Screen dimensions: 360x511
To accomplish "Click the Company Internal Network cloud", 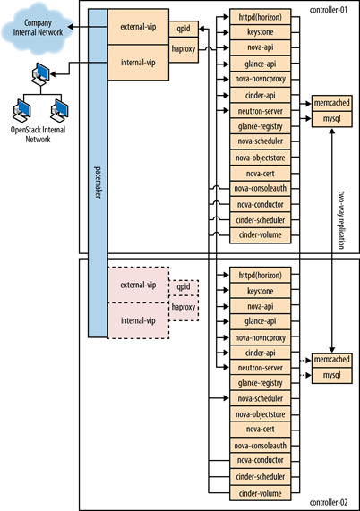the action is click(37, 29).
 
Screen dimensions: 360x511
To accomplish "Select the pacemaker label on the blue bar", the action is click(98, 183).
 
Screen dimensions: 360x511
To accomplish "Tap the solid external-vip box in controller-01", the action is click(138, 27).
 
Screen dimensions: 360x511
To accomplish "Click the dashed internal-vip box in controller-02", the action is click(138, 320).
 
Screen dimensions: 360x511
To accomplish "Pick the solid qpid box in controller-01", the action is click(184, 29).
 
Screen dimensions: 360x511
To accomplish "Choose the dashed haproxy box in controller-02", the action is click(184, 308).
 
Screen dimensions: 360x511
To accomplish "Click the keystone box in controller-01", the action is click(261, 32).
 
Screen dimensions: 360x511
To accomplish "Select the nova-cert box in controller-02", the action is click(261, 430).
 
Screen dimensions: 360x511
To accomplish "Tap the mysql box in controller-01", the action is click(332, 119).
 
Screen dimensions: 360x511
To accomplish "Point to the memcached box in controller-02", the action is click(332, 360).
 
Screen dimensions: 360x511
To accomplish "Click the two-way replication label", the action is click(341, 220).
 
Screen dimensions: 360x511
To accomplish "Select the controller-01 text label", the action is click(329, 10).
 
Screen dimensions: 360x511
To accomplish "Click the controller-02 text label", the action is click(329, 502).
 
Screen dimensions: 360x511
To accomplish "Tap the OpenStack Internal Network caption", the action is click(39, 134).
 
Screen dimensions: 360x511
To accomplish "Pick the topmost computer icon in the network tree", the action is click(41, 74).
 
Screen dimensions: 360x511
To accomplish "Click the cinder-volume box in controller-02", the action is click(261, 493).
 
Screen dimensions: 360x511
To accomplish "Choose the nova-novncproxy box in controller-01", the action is click(261, 79).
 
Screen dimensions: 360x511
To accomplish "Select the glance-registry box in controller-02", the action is click(261, 383).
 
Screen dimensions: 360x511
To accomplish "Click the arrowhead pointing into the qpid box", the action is click(201, 29).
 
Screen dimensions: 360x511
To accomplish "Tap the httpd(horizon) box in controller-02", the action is click(261, 275).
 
